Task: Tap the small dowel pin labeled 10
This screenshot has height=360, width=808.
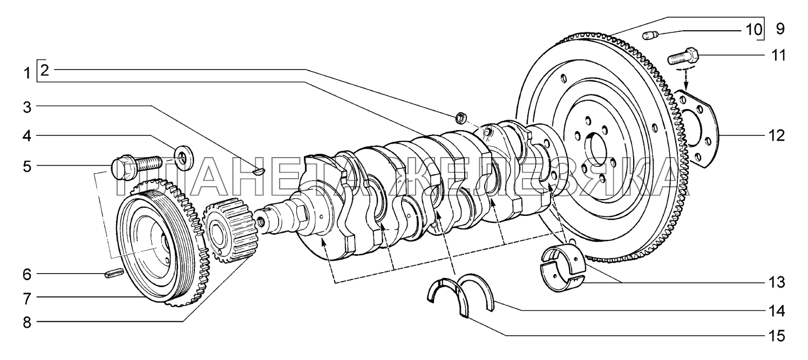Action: coord(650,36)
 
